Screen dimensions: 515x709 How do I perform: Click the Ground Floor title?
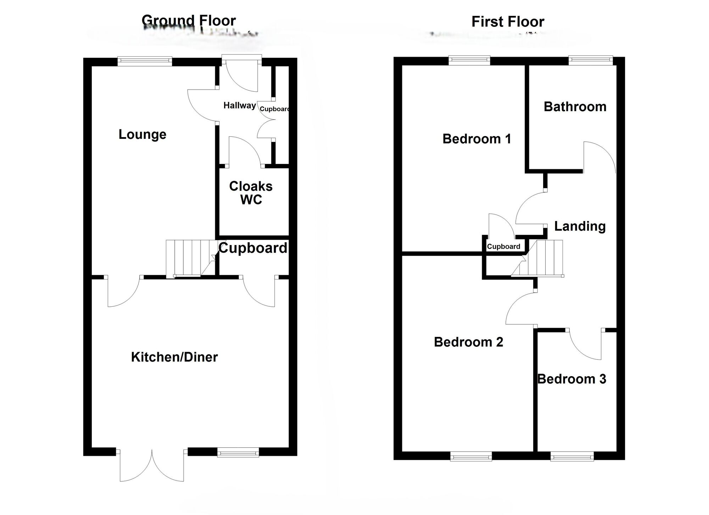(x=189, y=21)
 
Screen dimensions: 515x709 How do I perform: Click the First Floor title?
(x=508, y=22)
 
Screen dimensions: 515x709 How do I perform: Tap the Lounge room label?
(x=143, y=135)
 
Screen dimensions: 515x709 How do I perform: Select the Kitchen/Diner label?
(x=174, y=357)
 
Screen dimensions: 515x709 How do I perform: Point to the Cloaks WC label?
(x=251, y=193)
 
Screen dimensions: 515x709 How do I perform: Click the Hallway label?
(x=240, y=106)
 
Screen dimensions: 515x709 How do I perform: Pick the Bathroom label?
(x=575, y=107)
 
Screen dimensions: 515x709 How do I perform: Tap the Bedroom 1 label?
(x=477, y=139)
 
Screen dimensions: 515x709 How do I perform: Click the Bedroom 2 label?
(x=468, y=342)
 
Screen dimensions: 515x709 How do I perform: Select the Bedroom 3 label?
(x=572, y=379)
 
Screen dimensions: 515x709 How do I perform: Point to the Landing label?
(x=580, y=226)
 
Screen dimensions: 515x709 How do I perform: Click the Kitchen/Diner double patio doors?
(x=152, y=466)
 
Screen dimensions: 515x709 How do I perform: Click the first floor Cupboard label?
(x=503, y=247)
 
